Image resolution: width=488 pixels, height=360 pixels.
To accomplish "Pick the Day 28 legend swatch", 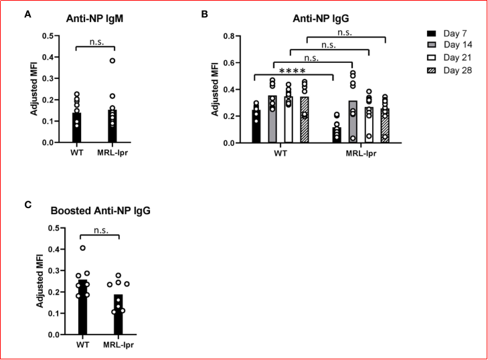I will click(432, 69).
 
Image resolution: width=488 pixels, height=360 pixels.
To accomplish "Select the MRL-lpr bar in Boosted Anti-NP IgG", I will click(118, 314).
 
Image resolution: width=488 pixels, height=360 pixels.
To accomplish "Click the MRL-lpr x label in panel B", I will click(361, 155).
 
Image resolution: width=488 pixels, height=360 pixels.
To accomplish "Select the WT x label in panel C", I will click(82, 346).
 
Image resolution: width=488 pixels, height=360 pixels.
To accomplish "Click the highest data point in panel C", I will click(83, 248).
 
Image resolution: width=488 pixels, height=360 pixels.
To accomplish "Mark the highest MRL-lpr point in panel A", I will click(112, 61).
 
